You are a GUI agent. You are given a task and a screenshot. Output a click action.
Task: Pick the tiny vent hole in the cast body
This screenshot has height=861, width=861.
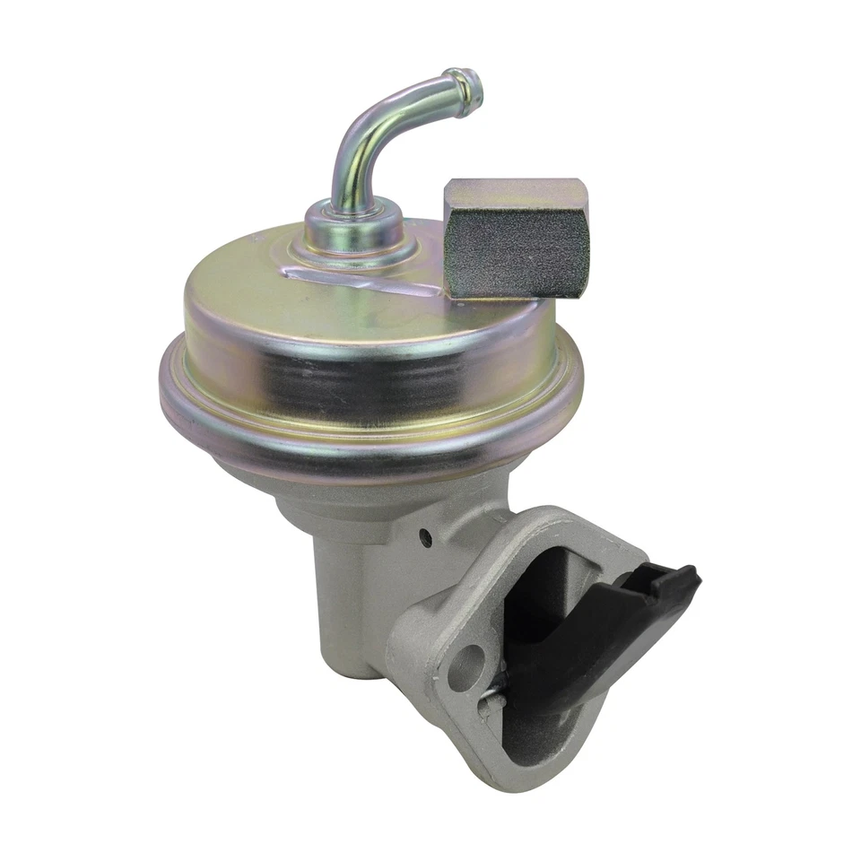point(424,538)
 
